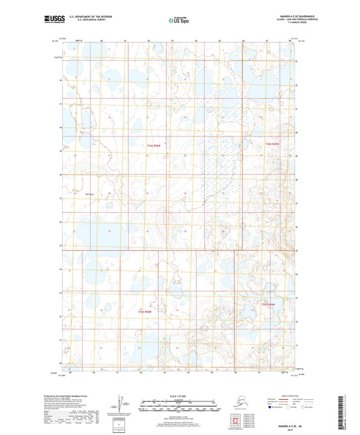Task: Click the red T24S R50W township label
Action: click(155, 145)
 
